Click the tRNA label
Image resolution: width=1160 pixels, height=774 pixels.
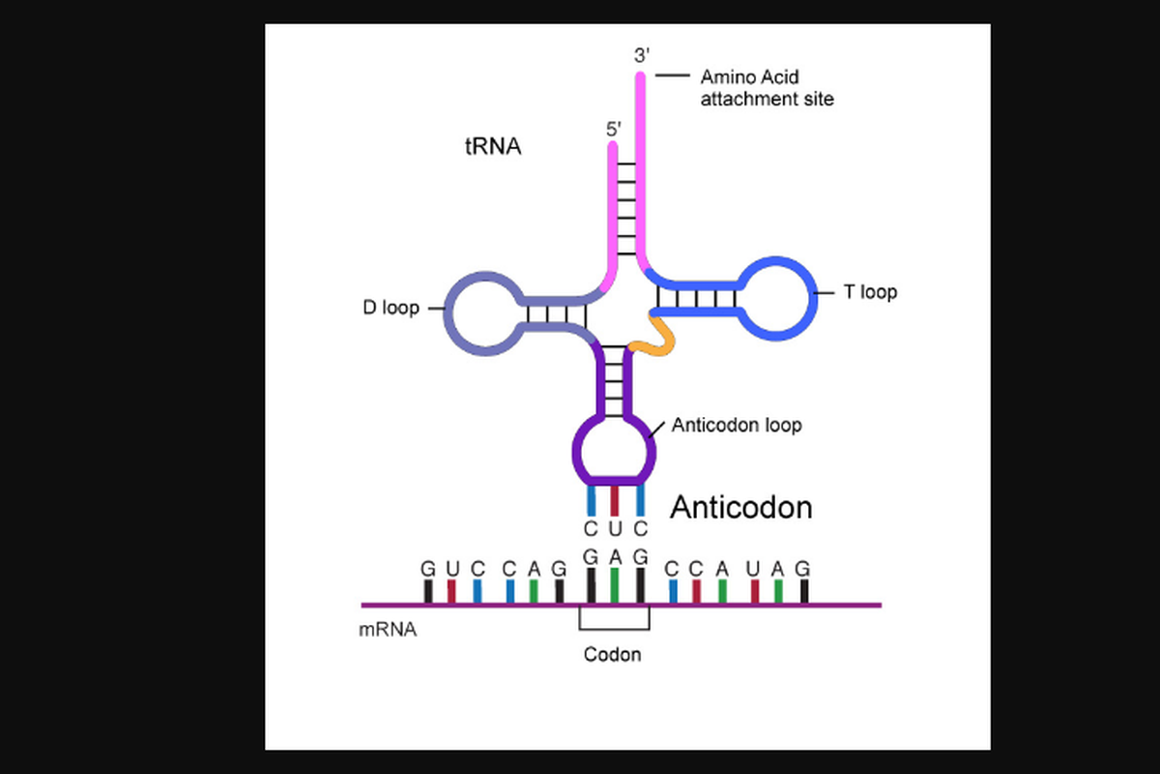click(493, 147)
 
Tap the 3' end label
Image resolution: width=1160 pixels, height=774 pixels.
click(641, 56)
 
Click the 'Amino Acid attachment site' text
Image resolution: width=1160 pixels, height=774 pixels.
click(766, 87)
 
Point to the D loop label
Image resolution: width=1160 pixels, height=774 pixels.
click(391, 309)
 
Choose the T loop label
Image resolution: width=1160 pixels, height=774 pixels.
click(870, 291)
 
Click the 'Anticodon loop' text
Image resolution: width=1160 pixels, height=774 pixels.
click(736, 425)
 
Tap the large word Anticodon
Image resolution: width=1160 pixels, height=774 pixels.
click(741, 507)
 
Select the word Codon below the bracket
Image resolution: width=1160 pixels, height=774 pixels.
click(612, 655)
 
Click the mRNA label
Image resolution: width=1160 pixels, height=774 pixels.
click(388, 629)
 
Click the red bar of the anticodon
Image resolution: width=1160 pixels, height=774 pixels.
click(615, 500)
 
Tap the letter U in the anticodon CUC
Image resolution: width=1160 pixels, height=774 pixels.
click(615, 529)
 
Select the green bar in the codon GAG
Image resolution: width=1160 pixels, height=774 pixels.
click(615, 585)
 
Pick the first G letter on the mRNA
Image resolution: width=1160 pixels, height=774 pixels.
click(427, 569)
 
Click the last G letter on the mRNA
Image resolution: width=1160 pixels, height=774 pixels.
click(802, 569)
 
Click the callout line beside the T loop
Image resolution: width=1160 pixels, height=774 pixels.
click(826, 292)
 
